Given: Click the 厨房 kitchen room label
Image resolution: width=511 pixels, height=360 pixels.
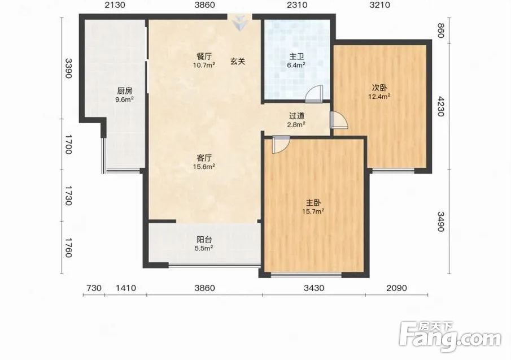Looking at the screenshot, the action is click(125, 91).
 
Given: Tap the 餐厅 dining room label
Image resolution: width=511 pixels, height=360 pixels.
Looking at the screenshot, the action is click(204, 57).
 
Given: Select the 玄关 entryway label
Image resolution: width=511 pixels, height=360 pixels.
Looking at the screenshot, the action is click(238, 61).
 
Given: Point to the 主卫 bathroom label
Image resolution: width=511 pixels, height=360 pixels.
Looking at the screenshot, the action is click(296, 57).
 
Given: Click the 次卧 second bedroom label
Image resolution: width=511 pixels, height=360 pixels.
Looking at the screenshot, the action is click(379, 88).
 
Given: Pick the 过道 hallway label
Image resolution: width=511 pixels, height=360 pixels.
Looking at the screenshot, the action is click(296, 116).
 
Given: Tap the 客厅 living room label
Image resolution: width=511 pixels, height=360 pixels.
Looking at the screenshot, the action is click(204, 158).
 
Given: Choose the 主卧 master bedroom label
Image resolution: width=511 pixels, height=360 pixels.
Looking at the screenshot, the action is click(313, 202).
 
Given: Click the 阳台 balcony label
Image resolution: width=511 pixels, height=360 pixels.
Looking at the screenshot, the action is click(204, 240).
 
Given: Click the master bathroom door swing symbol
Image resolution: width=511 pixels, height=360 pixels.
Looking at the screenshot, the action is click(314, 94).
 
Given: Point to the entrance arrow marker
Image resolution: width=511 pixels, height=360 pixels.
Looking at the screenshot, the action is click(240, 23).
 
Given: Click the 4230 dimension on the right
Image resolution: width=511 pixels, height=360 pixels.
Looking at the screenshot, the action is click(440, 106).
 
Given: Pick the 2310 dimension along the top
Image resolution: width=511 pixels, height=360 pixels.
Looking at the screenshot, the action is click(296, 5).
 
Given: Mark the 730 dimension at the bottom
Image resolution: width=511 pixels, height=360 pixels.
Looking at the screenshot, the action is click(94, 288).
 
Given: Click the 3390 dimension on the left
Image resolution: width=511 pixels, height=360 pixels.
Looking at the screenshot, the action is click(68, 68).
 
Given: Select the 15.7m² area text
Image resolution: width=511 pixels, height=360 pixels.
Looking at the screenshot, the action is click(313, 211).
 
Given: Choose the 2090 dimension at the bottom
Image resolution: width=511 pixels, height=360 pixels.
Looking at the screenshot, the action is click(396, 288).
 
